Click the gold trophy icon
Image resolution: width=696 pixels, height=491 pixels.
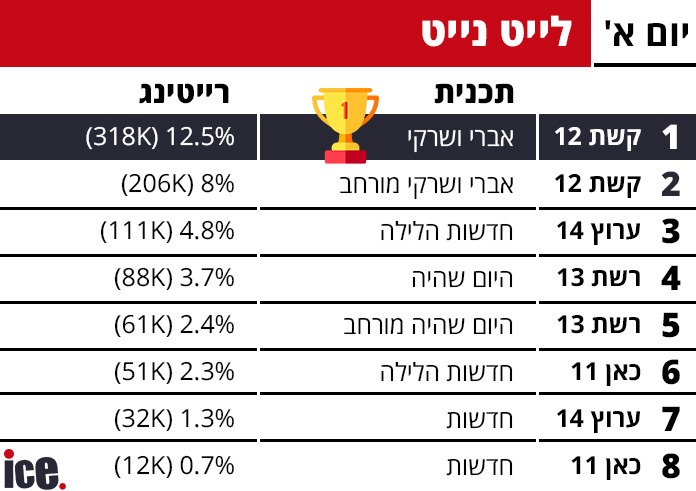pos(345,123)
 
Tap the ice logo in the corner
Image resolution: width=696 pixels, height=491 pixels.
pos(35,468)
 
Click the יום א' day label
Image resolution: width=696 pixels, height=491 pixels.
pos(645,33)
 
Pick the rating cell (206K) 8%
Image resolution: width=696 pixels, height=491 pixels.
pos(177,184)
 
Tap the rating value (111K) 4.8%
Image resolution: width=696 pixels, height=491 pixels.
pos(168,231)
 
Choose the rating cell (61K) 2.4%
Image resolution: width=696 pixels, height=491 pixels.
pos(173,325)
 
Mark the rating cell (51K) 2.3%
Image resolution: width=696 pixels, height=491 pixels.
pos(173,372)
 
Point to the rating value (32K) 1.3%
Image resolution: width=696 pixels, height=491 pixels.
pos(173,419)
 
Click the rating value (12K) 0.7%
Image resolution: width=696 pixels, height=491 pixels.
pos(173,466)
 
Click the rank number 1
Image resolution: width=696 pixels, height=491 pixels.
pos(670,138)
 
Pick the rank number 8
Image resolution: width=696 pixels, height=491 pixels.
pos(670,466)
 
